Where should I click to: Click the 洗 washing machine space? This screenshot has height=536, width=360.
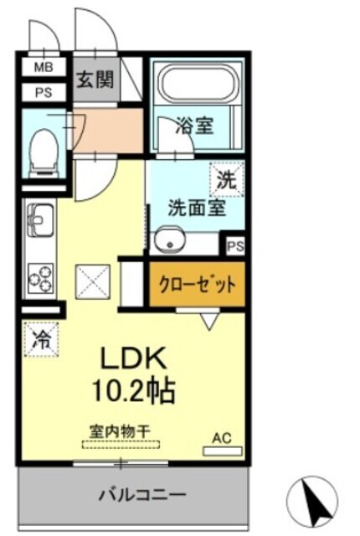pyautogui.click(x=227, y=178)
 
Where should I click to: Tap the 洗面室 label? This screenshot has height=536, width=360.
pyautogui.click(x=196, y=208)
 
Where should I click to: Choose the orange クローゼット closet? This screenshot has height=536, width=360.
pyautogui.click(x=198, y=282)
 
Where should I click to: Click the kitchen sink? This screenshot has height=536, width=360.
pyautogui.click(x=39, y=225)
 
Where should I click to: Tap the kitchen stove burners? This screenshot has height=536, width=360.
pyautogui.click(x=39, y=276)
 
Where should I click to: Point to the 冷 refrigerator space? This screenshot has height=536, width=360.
pyautogui.click(x=40, y=340)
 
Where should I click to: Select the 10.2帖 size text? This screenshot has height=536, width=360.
pyautogui.click(x=139, y=389)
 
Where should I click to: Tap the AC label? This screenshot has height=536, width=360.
pyautogui.click(x=221, y=437)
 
